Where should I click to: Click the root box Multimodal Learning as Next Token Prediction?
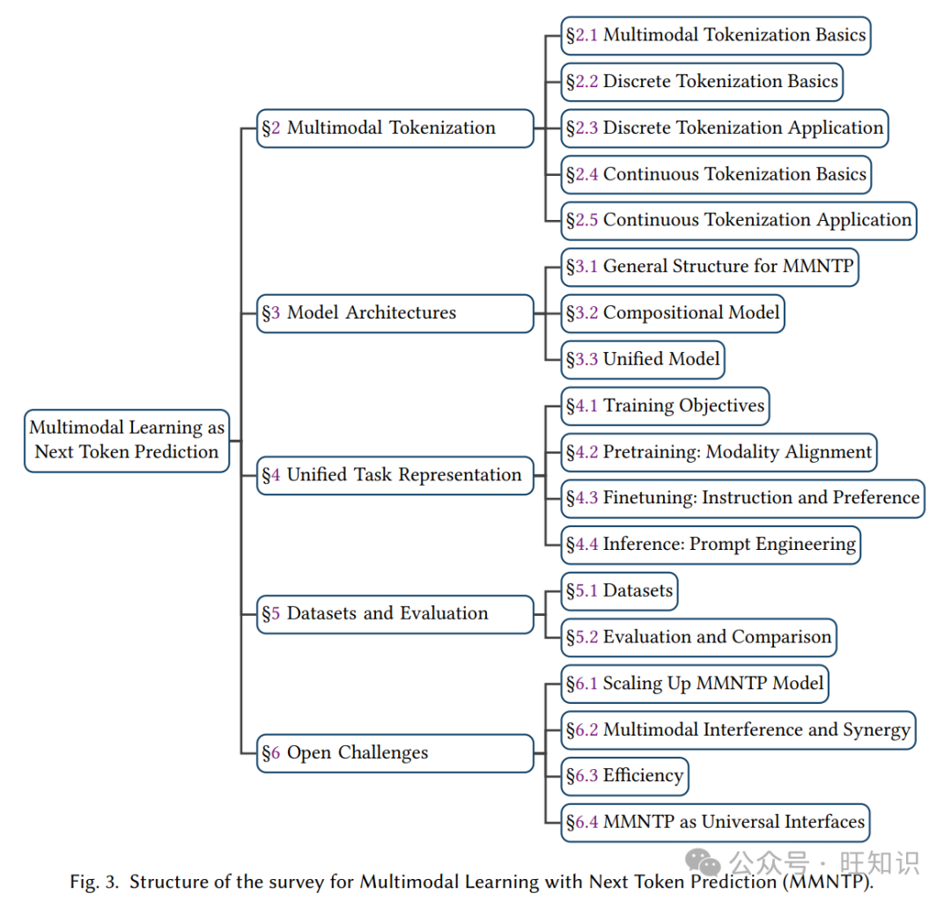(127, 440)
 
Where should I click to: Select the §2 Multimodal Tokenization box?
(394, 128)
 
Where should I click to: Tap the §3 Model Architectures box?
(394, 313)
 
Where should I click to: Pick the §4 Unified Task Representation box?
(394, 475)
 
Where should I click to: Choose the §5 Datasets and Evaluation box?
(394, 614)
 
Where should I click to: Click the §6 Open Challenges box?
(394, 753)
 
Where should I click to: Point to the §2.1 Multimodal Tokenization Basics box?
(716, 36)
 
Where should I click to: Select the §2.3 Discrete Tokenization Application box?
(725, 128)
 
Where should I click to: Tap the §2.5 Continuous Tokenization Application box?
(739, 221)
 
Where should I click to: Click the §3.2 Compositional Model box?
(673, 313)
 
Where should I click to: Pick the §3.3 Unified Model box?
(643, 359)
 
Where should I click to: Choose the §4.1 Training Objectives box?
(665, 407)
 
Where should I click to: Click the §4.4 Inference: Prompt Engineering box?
(711, 545)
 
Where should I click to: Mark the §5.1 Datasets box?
(620, 591)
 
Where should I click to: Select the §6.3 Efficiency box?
(624, 776)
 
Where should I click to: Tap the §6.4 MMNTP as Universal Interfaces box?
(716, 823)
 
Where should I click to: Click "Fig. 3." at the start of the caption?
(94, 882)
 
